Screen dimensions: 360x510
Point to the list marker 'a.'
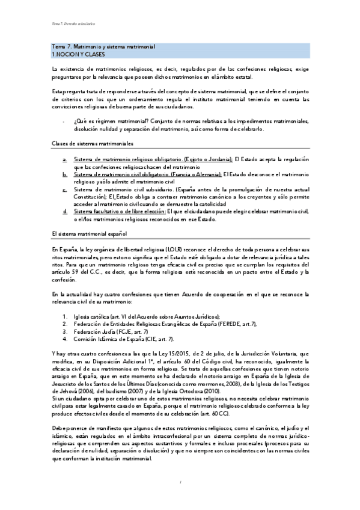(x=65, y=159)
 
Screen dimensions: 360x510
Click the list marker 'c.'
(x=65, y=190)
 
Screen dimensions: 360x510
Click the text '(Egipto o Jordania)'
(x=207, y=159)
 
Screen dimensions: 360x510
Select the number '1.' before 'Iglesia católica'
(x=65, y=316)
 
